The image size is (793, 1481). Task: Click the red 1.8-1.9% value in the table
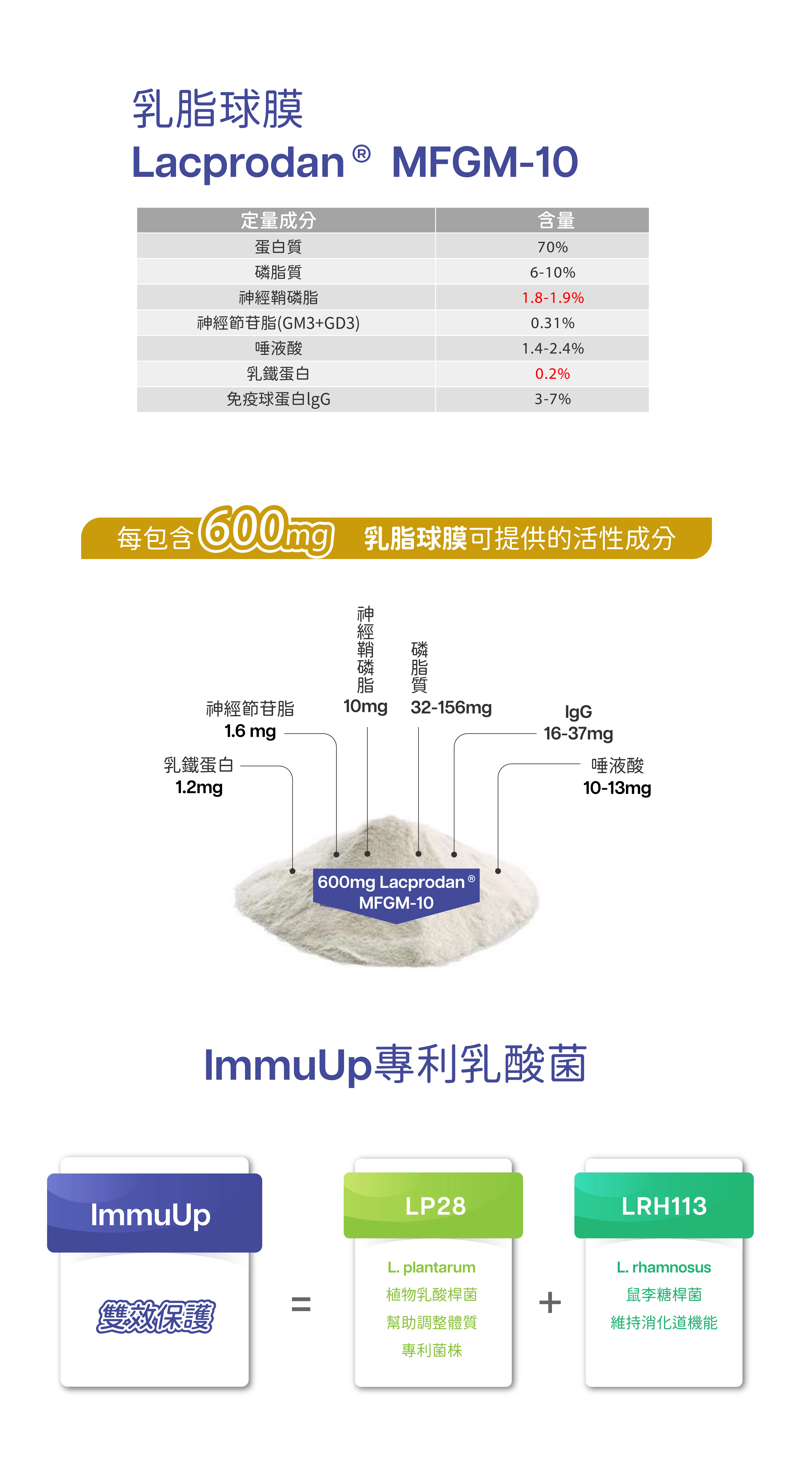click(552, 298)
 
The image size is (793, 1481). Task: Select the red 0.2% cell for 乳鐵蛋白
click(552, 374)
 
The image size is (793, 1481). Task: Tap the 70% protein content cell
click(552, 247)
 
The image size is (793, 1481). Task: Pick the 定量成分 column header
click(279, 220)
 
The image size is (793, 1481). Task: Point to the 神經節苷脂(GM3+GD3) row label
click(279, 323)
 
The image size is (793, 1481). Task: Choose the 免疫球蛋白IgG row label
click(279, 399)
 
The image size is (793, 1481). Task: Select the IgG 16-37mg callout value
click(578, 734)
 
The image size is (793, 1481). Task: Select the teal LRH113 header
click(664, 1206)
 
